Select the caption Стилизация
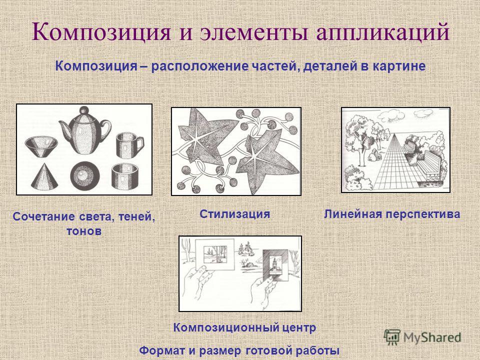pos(235,213)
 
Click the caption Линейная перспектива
pos(392,214)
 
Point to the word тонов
pos(84,231)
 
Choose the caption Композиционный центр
pos(244,328)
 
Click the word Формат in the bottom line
pos(162,350)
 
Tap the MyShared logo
pos(422,337)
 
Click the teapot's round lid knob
pos(84,110)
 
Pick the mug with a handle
pos(129,145)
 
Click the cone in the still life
pos(44,176)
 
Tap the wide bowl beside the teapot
pos(41,146)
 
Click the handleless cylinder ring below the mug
pos(124,176)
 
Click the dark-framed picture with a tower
pos(275,265)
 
